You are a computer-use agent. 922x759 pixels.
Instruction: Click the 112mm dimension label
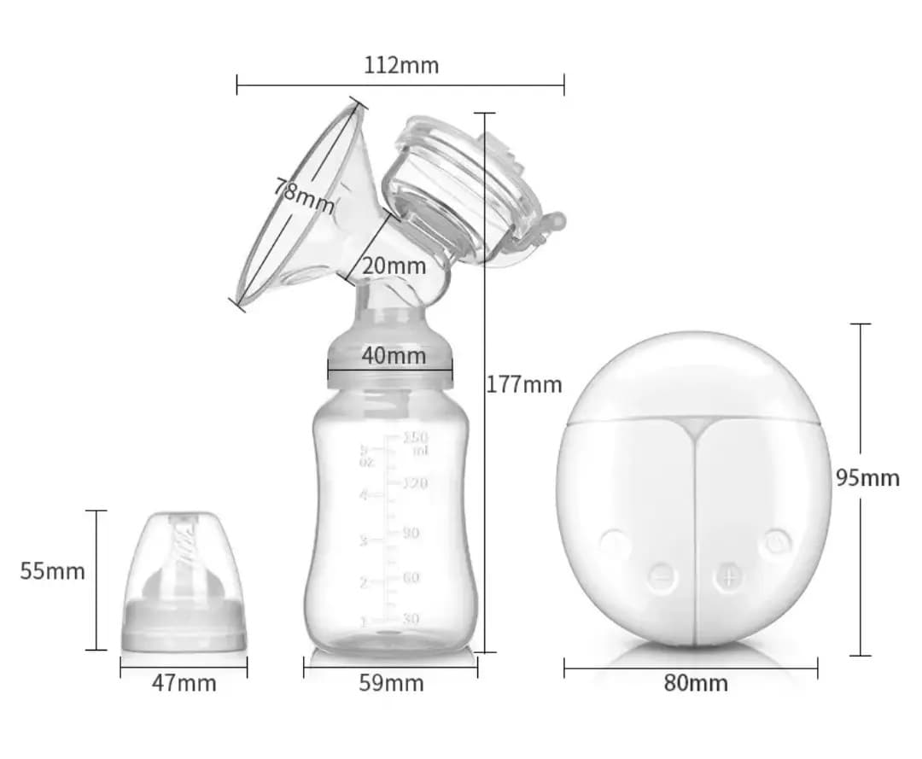coord(401,65)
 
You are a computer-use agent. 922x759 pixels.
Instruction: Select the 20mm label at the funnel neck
coord(394,266)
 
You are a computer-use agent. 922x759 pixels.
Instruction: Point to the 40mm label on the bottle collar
coord(393,355)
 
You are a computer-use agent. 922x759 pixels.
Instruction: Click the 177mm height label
coord(524,385)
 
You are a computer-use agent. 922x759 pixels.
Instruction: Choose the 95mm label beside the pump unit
coord(867,478)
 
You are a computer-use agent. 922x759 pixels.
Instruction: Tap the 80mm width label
coord(696,683)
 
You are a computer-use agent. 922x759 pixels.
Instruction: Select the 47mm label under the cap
coord(184,683)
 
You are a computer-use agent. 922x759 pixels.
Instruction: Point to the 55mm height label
coord(53,571)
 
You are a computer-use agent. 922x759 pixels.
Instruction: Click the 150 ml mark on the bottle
coord(415,443)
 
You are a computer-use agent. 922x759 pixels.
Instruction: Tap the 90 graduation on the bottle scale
coord(411,533)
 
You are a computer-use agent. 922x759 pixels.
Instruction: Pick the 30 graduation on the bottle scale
coord(411,618)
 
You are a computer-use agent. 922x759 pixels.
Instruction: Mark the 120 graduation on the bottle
coord(414,483)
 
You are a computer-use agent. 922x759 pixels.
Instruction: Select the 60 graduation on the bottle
coord(411,578)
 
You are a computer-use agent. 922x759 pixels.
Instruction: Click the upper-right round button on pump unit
coord(776,541)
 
